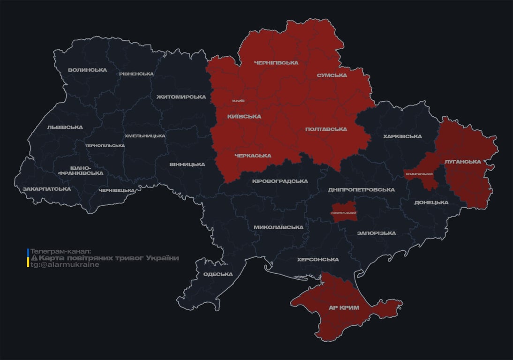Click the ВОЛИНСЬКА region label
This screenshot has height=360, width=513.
click(x=87, y=70)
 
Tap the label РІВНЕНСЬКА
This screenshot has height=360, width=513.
click(x=136, y=74)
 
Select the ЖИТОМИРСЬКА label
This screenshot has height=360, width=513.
click(x=181, y=97)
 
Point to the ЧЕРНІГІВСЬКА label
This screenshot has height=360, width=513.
click(x=276, y=62)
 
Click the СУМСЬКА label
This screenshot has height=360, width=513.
click(x=332, y=75)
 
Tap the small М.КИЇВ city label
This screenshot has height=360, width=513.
click(x=238, y=101)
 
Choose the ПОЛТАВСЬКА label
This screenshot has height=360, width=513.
click(x=326, y=129)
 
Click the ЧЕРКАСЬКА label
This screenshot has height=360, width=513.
click(x=252, y=156)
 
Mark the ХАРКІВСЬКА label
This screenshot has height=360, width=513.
click(x=402, y=136)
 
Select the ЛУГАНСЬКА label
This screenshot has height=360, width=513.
click(x=463, y=161)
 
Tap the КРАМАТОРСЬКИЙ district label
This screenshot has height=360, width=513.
click(x=419, y=174)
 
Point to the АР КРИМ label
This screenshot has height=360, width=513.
click(x=344, y=307)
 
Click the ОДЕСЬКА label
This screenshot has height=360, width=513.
click(x=218, y=274)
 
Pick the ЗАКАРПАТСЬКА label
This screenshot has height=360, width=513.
click(x=46, y=189)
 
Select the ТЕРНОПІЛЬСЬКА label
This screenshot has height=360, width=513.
click(x=105, y=145)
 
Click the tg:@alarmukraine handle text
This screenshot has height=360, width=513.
click(x=65, y=264)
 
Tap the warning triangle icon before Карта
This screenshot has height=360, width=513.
click(x=34, y=258)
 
